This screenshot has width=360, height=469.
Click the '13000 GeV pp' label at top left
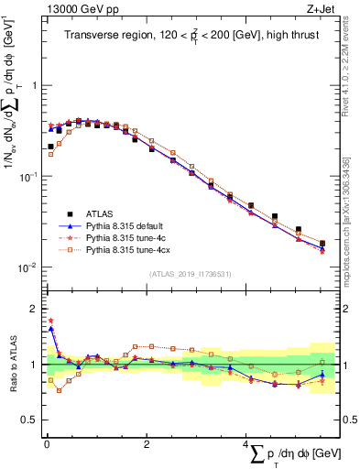(73, 8)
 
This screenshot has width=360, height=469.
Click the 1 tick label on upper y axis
(32, 85)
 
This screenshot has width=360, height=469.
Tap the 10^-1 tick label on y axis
(27, 176)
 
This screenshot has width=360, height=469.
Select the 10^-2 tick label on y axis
(27, 267)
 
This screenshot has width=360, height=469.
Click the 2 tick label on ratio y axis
(32, 310)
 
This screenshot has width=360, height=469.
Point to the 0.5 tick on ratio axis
(28, 420)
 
